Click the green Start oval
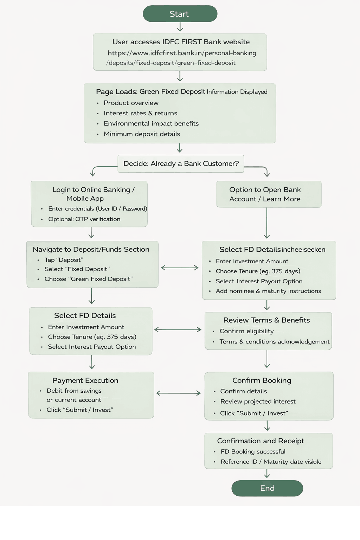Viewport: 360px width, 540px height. coord(180,14)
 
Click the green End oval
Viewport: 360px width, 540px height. coord(267,488)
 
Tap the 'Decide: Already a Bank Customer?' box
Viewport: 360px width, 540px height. coord(181,163)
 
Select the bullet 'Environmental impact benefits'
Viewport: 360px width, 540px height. coord(151,123)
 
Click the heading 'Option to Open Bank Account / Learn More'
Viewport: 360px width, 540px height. coord(265,194)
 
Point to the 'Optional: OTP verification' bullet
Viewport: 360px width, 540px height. coord(84,219)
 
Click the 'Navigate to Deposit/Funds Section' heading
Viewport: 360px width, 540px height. coord(91,249)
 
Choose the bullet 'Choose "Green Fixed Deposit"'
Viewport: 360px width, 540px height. coord(89,279)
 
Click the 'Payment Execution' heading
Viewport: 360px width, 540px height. coord(85,380)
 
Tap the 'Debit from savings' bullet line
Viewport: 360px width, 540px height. coord(74,391)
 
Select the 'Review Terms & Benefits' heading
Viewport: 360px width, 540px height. coord(266,320)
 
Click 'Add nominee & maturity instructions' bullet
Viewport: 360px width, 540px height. coord(268,291)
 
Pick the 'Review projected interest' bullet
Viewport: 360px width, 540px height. coord(258,401)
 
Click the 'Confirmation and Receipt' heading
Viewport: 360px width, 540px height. coord(261,441)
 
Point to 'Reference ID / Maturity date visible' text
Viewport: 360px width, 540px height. coord(271,462)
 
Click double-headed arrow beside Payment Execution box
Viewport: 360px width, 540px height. coord(178,393)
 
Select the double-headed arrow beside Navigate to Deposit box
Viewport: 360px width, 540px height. coord(180,268)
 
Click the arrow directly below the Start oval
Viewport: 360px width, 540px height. coord(180,27)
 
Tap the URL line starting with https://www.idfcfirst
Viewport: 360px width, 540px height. coord(182,53)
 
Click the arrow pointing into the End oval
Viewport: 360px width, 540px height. coord(267,474)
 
